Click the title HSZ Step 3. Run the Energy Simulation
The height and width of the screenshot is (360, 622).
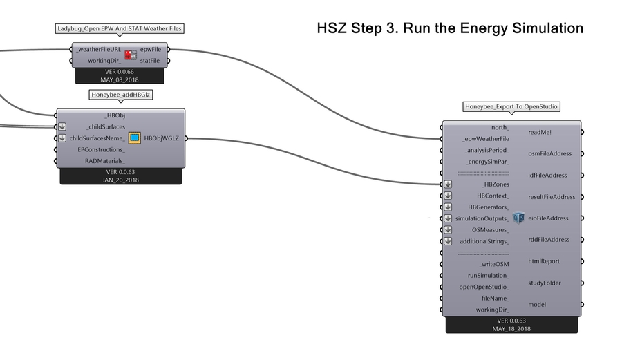point(450,28)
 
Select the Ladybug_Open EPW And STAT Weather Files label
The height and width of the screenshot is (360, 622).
point(120,29)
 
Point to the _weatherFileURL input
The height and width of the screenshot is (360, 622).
point(100,50)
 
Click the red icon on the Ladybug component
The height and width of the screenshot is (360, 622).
point(130,55)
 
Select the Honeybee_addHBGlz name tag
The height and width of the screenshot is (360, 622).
point(121,95)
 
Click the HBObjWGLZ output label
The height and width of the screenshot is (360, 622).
point(161,138)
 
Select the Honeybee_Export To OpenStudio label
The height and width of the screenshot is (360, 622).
point(511,107)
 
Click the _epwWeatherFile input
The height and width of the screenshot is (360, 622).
point(486,139)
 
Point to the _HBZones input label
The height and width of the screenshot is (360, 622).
point(494,184)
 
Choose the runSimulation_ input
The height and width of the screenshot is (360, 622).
point(488,275)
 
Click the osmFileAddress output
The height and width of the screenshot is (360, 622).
point(549,153)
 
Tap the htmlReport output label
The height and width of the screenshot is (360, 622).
point(543,261)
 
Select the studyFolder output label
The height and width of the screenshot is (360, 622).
point(544,283)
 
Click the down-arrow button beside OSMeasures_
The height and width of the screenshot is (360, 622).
point(448,229)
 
